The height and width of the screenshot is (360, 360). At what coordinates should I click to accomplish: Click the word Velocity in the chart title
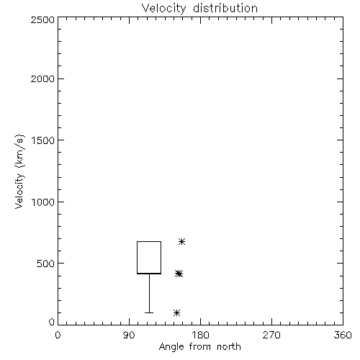click(163, 9)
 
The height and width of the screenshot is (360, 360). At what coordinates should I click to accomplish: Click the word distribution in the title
click(225, 8)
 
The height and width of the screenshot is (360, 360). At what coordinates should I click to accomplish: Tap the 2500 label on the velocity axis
click(42, 19)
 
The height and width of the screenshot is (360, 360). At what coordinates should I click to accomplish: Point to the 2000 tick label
click(42, 78)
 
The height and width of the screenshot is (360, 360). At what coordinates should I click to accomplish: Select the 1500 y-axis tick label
click(43, 140)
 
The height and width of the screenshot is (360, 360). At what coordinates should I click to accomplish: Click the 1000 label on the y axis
click(43, 202)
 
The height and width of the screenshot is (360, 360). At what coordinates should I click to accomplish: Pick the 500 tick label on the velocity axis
click(46, 264)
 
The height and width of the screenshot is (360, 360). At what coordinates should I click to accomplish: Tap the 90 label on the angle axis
click(129, 335)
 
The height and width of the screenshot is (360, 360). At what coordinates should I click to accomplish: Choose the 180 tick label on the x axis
click(200, 335)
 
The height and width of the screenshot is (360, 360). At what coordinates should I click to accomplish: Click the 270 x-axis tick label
click(271, 335)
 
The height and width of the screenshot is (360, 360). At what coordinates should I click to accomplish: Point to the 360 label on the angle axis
click(343, 335)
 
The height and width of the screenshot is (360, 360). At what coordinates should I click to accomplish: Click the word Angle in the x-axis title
click(171, 347)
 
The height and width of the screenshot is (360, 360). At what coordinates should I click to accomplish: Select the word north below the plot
click(229, 347)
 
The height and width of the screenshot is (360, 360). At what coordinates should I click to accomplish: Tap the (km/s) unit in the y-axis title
click(19, 151)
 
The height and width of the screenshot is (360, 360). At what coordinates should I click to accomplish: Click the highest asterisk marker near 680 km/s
click(182, 241)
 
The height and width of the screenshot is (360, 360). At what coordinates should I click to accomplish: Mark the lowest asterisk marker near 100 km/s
click(177, 312)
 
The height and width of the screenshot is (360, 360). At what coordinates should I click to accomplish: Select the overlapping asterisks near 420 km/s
click(179, 274)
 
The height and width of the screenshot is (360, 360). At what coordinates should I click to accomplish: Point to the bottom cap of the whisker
click(149, 312)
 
